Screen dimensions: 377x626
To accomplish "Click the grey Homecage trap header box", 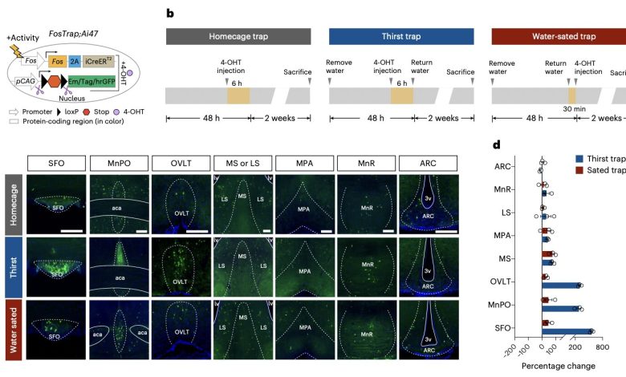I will (x=238, y=36).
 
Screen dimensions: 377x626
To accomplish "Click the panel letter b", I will (x=169, y=13).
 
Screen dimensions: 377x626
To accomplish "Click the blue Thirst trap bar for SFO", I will (x=567, y=330).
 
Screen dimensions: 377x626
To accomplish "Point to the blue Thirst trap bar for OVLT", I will (x=561, y=285).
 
